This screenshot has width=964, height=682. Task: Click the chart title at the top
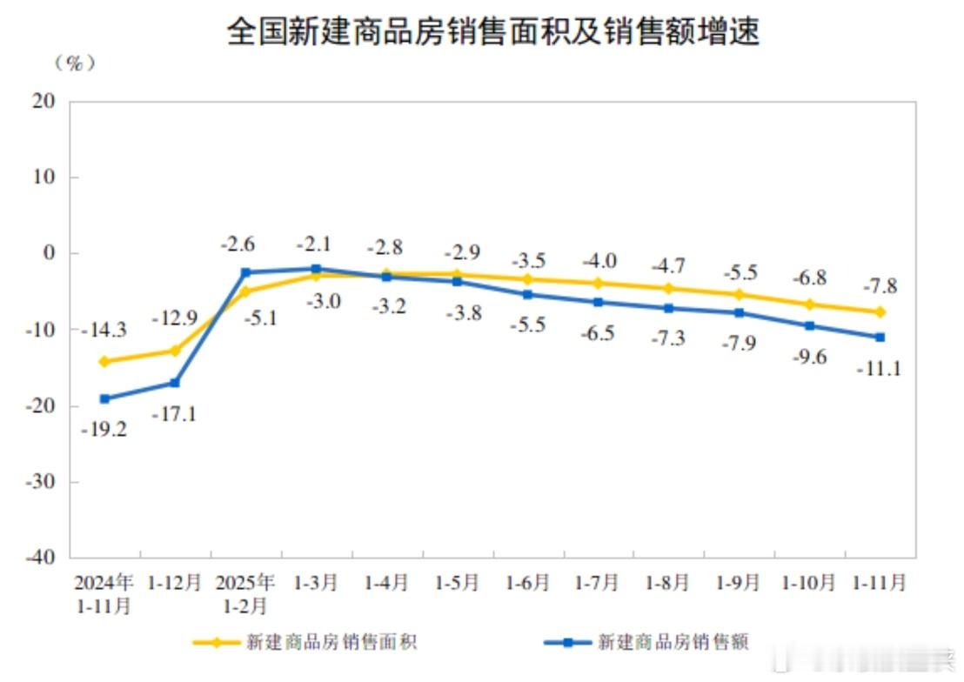(x=493, y=32)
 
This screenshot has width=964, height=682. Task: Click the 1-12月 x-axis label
(x=174, y=582)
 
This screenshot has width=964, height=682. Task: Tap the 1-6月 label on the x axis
(x=527, y=582)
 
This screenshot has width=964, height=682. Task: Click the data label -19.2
(x=104, y=429)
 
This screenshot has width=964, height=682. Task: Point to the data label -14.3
(x=104, y=331)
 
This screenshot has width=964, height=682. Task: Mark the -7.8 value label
(x=880, y=285)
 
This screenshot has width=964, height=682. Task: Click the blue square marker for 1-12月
(x=175, y=383)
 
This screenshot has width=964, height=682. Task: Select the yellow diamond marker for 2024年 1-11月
(x=104, y=361)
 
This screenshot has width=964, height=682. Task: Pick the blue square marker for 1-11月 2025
(x=880, y=337)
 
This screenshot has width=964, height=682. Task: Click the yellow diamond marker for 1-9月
(x=739, y=294)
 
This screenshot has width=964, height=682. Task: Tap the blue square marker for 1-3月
(x=316, y=269)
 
